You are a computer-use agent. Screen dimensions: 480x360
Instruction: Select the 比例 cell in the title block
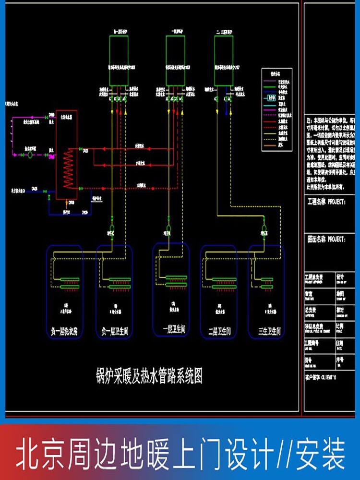pos(340,325)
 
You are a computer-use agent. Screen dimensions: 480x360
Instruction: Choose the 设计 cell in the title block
pos(340,277)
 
